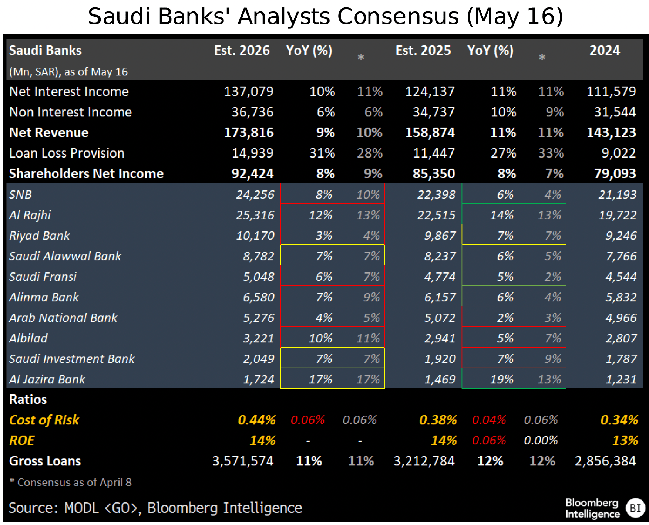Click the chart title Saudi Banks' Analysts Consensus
click(x=325, y=17)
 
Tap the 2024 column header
click(x=604, y=51)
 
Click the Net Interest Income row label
click(x=69, y=92)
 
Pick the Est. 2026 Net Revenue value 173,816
click(x=249, y=133)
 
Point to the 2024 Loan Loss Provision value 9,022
click(x=618, y=153)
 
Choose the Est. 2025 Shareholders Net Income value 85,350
click(x=434, y=174)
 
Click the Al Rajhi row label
click(x=30, y=215)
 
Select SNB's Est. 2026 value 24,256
click(x=255, y=195)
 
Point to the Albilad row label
click(x=28, y=338)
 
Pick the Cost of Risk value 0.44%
click(x=256, y=420)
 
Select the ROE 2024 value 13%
click(x=625, y=441)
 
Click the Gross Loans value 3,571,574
click(x=242, y=461)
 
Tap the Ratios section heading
click(x=28, y=400)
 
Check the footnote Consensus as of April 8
click(x=71, y=482)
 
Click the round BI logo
click(x=635, y=508)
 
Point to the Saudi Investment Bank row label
click(x=72, y=359)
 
